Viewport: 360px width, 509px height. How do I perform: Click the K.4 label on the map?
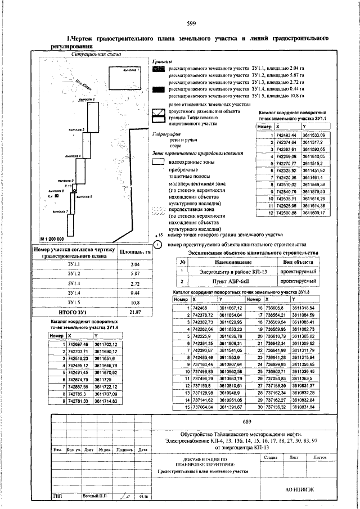[50, 197]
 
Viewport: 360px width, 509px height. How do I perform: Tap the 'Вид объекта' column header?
[298, 262]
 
